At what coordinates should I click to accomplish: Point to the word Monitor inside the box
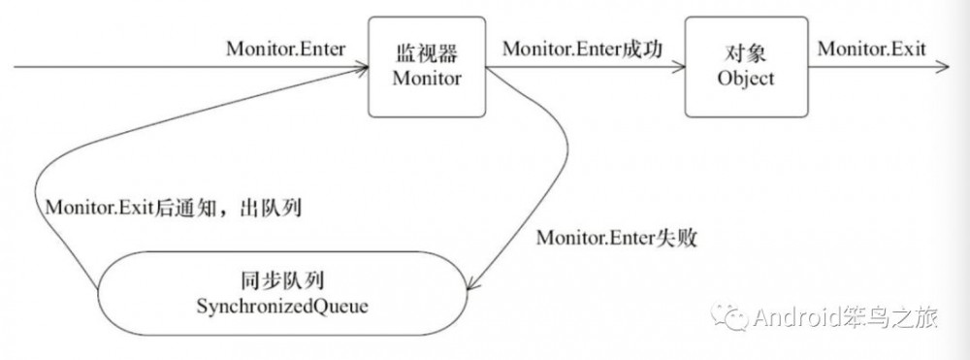427,80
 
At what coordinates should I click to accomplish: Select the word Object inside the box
745,80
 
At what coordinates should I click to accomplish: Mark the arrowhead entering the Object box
682,68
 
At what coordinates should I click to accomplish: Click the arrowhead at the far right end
942,68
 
